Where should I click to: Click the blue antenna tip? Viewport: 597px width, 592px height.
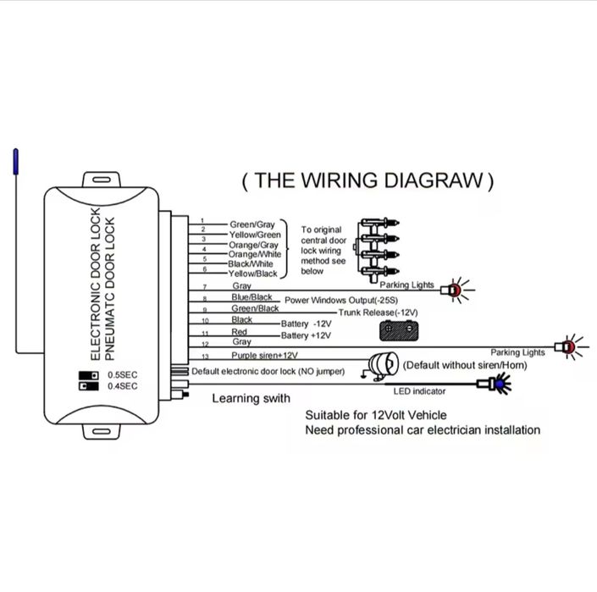pyautogui.click(x=15, y=162)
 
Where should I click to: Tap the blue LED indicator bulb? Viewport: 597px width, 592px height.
pyautogui.click(x=500, y=384)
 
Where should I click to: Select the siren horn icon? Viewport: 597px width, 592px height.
pyautogui.click(x=380, y=365)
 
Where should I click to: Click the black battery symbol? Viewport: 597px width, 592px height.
pyautogui.click(x=399, y=331)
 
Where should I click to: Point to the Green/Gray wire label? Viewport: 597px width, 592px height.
pyautogui.click(x=252, y=224)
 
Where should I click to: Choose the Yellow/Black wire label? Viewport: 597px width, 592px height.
pyautogui.click(x=252, y=274)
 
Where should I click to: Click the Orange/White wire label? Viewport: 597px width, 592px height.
pyautogui.click(x=254, y=254)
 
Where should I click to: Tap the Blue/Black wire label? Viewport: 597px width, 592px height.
pyautogui.click(x=252, y=297)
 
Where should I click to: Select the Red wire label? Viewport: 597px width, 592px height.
pyautogui.click(x=239, y=332)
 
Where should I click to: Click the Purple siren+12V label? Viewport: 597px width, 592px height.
pyautogui.click(x=264, y=355)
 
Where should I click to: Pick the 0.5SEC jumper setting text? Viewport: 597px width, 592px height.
pyautogui.click(x=122, y=375)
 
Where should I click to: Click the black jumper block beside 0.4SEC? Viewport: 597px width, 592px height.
pyautogui.click(x=88, y=386)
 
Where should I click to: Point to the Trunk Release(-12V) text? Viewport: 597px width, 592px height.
pyautogui.click(x=378, y=313)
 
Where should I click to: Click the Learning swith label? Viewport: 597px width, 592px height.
pyautogui.click(x=251, y=399)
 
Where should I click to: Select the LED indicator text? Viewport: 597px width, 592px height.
pyautogui.click(x=419, y=391)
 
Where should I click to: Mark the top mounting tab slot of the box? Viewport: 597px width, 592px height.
pyautogui.click(x=102, y=180)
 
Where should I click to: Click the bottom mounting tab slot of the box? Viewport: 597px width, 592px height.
pyautogui.click(x=102, y=432)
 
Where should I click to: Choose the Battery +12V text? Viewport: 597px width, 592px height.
pyautogui.click(x=306, y=335)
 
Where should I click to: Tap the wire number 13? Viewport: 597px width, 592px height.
pyautogui.click(x=205, y=357)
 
